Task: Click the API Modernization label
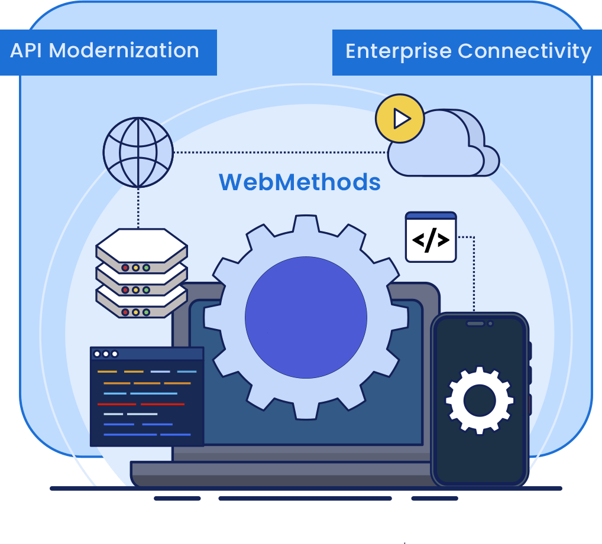click(105, 51)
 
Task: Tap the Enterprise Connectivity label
click(468, 51)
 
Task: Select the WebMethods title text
click(299, 182)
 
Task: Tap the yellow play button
click(400, 119)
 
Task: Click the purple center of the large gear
click(306, 318)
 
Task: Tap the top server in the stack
click(141, 246)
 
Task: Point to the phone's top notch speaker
click(475, 324)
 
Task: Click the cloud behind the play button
click(449, 148)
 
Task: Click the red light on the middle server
click(125, 290)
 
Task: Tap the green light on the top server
click(146, 268)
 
